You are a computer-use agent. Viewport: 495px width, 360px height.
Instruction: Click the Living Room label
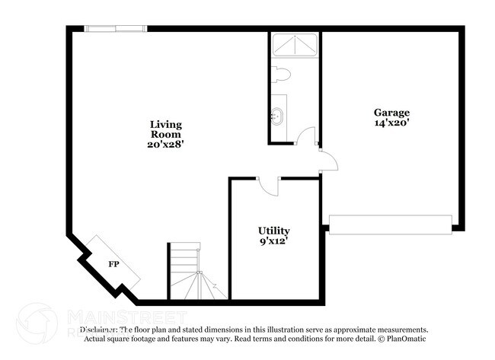165,129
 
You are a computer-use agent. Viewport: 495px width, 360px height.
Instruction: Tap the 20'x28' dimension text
165,143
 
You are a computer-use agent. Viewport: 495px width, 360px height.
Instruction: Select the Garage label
391,112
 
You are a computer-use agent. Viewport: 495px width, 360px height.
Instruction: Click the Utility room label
273,231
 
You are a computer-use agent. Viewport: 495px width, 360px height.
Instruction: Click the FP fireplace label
113,264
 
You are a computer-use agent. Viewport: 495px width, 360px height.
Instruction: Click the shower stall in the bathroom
295,45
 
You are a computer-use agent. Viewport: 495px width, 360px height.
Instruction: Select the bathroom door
305,137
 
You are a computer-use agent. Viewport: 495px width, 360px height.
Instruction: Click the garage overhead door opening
390,225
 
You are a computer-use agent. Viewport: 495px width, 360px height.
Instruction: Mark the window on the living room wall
115,29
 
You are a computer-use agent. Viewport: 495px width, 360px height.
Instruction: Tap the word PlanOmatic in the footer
407,339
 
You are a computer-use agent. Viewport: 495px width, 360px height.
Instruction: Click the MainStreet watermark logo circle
37,323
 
